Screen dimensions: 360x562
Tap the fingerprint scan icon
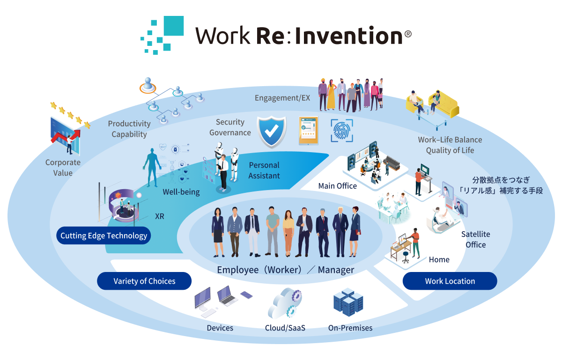click(341, 130)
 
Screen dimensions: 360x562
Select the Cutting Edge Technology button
click(104, 235)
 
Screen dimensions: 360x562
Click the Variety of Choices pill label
click(144, 281)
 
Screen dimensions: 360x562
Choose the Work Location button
click(450, 281)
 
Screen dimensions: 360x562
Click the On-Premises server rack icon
click(348, 302)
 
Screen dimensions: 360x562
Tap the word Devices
click(220, 328)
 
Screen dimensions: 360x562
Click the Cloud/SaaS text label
click(285, 328)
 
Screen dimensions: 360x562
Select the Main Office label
click(337, 186)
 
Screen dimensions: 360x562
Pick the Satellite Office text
click(475, 239)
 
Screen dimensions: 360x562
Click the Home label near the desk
click(439, 259)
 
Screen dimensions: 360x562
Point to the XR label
click(160, 216)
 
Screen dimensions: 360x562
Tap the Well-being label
click(181, 192)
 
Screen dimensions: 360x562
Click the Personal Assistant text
click(264, 170)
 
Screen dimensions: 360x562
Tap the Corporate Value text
click(63, 168)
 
